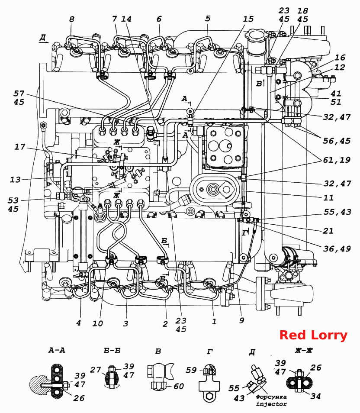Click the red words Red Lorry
coord(313,336)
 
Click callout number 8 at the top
coord(72,19)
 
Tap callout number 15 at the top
coord(248,19)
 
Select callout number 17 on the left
coord(20,147)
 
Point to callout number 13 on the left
coord(15,180)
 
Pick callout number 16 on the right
coord(340,58)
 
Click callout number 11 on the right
coord(328,197)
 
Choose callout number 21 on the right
coord(328,231)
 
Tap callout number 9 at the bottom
coord(241,320)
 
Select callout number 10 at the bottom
coord(97,323)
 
